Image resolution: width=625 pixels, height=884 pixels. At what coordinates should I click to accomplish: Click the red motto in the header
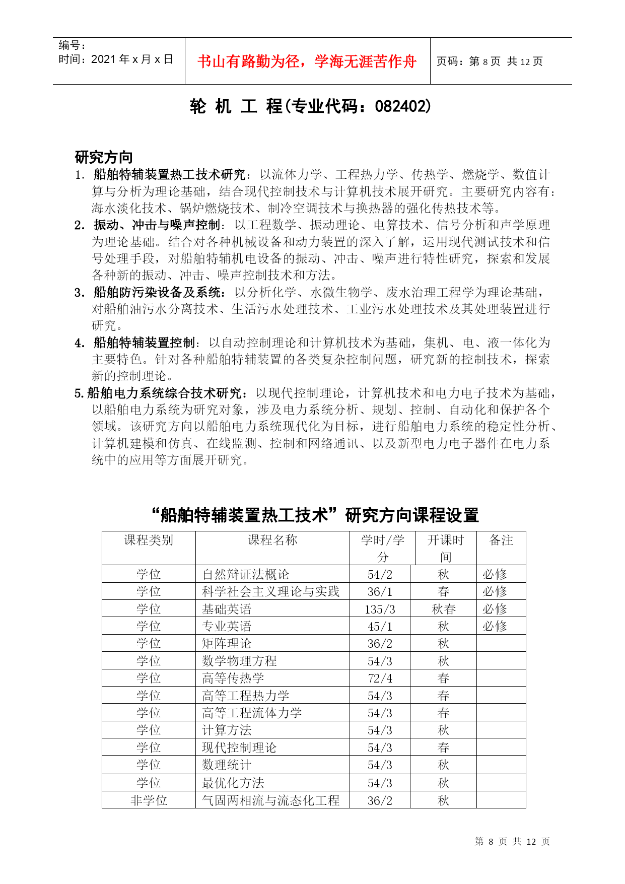(x=307, y=61)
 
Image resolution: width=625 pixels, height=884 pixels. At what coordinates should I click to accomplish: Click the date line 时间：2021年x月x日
(x=116, y=59)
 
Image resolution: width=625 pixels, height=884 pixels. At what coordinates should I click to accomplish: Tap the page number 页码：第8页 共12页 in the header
(x=489, y=61)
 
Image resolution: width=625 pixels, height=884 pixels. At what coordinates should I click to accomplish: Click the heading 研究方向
(x=103, y=157)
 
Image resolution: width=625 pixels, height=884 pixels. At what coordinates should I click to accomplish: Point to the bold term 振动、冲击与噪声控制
(x=157, y=225)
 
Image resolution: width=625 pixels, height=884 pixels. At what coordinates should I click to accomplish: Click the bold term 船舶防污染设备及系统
(x=157, y=292)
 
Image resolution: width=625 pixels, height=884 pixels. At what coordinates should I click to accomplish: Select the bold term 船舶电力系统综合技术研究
(x=166, y=393)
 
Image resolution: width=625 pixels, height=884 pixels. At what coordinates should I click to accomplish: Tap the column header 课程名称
(x=272, y=540)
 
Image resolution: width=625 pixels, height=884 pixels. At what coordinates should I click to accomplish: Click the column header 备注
(x=501, y=540)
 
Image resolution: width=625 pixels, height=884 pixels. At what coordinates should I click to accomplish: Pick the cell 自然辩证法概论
(x=246, y=575)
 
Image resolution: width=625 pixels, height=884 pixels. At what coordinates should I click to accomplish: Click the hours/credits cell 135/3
(x=380, y=609)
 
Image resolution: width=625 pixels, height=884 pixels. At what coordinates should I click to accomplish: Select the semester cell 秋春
(x=444, y=609)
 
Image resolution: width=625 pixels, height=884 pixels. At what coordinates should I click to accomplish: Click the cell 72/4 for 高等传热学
(x=380, y=678)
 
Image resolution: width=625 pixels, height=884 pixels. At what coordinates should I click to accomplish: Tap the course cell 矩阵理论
(x=227, y=644)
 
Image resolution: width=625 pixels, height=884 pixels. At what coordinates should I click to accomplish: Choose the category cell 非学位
(x=149, y=800)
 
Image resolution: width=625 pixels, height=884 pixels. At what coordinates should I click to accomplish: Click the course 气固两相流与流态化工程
(x=271, y=800)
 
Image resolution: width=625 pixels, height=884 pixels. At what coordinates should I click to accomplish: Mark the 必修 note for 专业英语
(x=495, y=627)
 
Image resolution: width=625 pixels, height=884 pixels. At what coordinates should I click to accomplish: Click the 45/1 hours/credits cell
(x=380, y=627)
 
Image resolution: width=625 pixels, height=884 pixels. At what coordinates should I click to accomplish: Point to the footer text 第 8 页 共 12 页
(x=512, y=842)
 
